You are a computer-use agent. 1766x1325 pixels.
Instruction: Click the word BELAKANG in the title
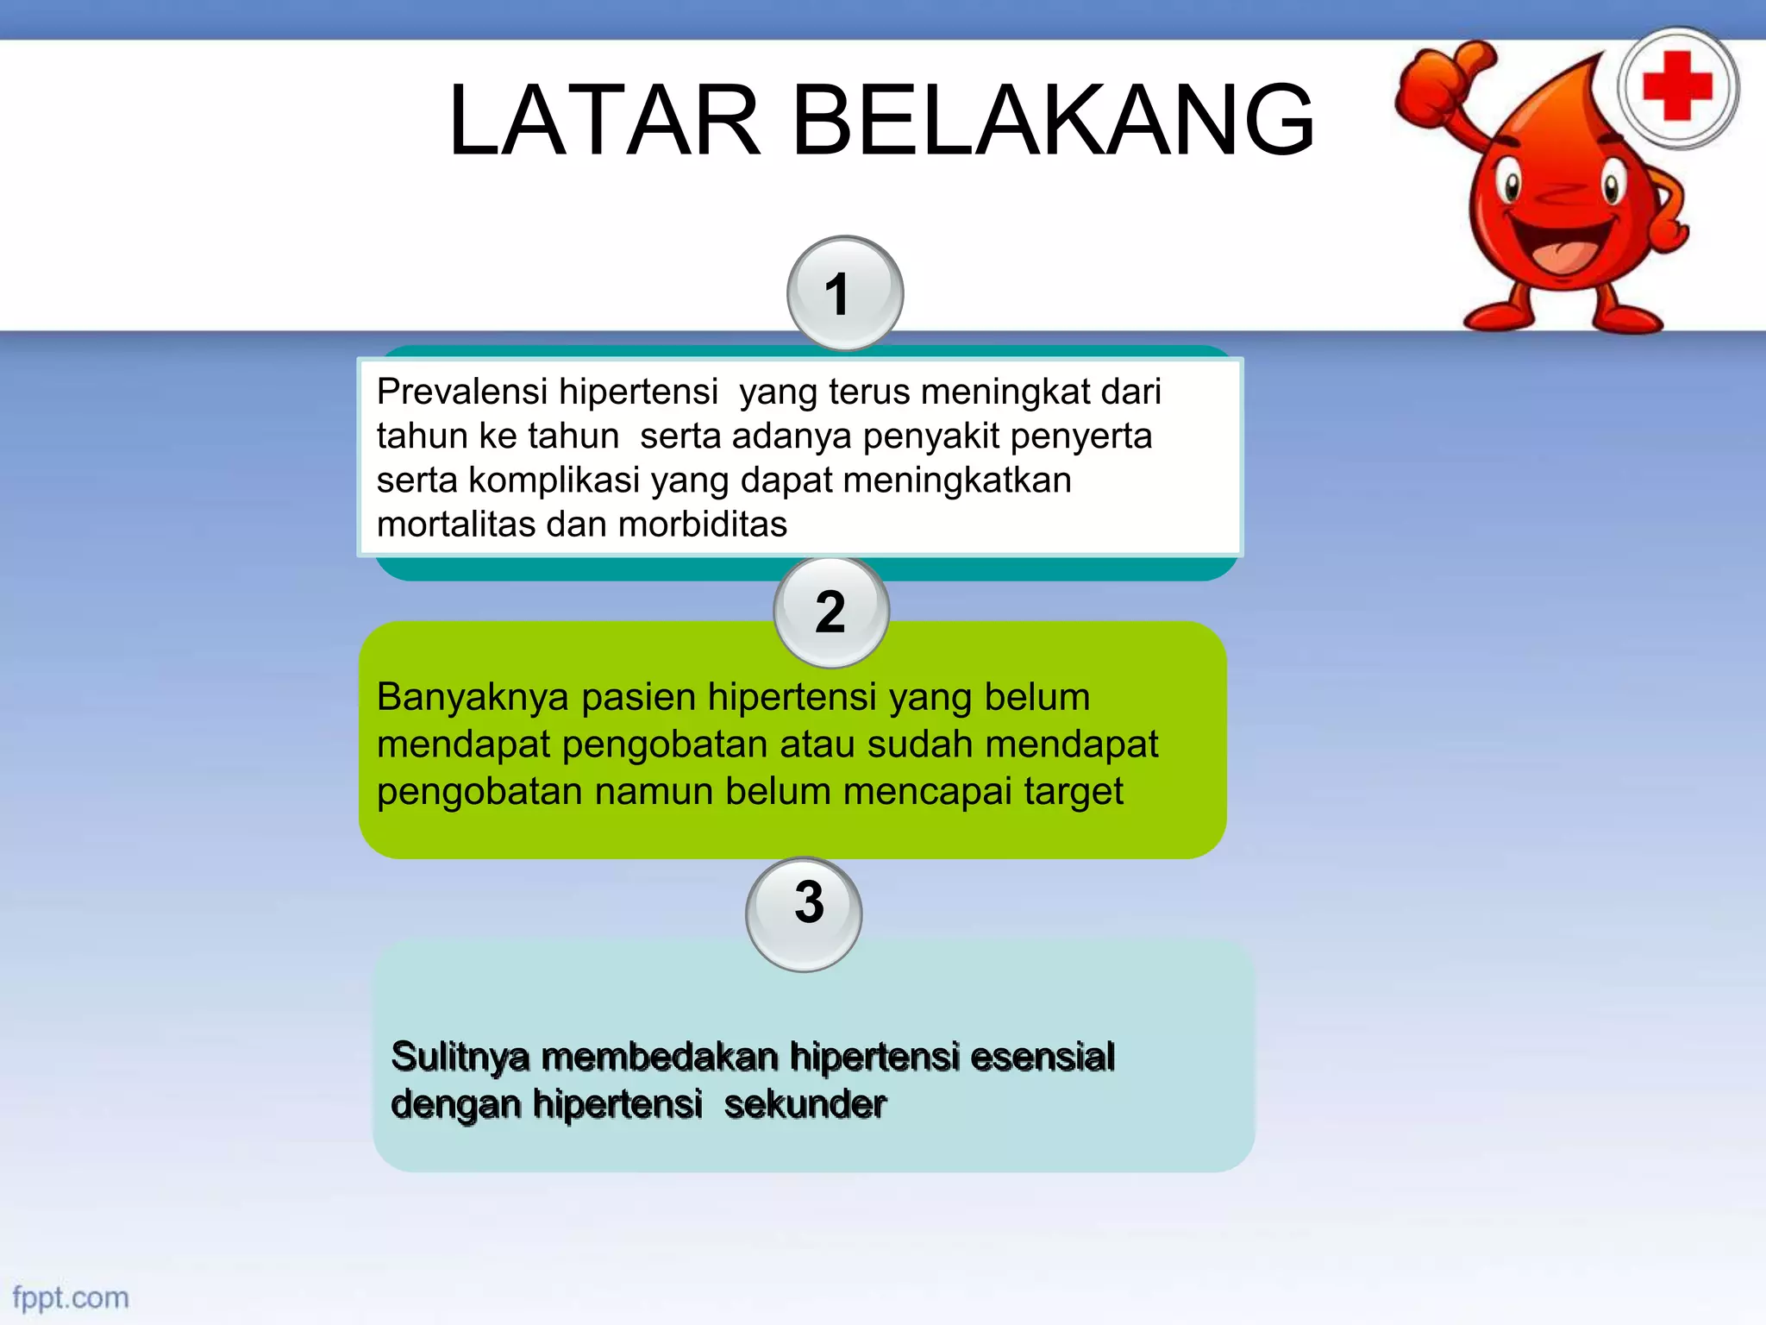click(x=1053, y=121)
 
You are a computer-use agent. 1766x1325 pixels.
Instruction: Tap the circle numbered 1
click(x=844, y=294)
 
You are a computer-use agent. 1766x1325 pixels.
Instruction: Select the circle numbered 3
click(x=804, y=914)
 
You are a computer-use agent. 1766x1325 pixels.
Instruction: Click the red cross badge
click(x=1677, y=87)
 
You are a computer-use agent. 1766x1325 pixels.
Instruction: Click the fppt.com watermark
click(x=71, y=1297)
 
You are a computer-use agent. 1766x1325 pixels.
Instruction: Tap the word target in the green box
click(x=1074, y=791)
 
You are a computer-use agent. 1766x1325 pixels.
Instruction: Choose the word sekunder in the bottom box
click(x=805, y=1104)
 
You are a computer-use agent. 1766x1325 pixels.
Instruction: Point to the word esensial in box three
click(x=1043, y=1057)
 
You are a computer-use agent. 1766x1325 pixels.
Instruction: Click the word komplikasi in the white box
click(x=554, y=480)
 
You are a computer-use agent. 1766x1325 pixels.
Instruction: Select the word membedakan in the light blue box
click(x=660, y=1057)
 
